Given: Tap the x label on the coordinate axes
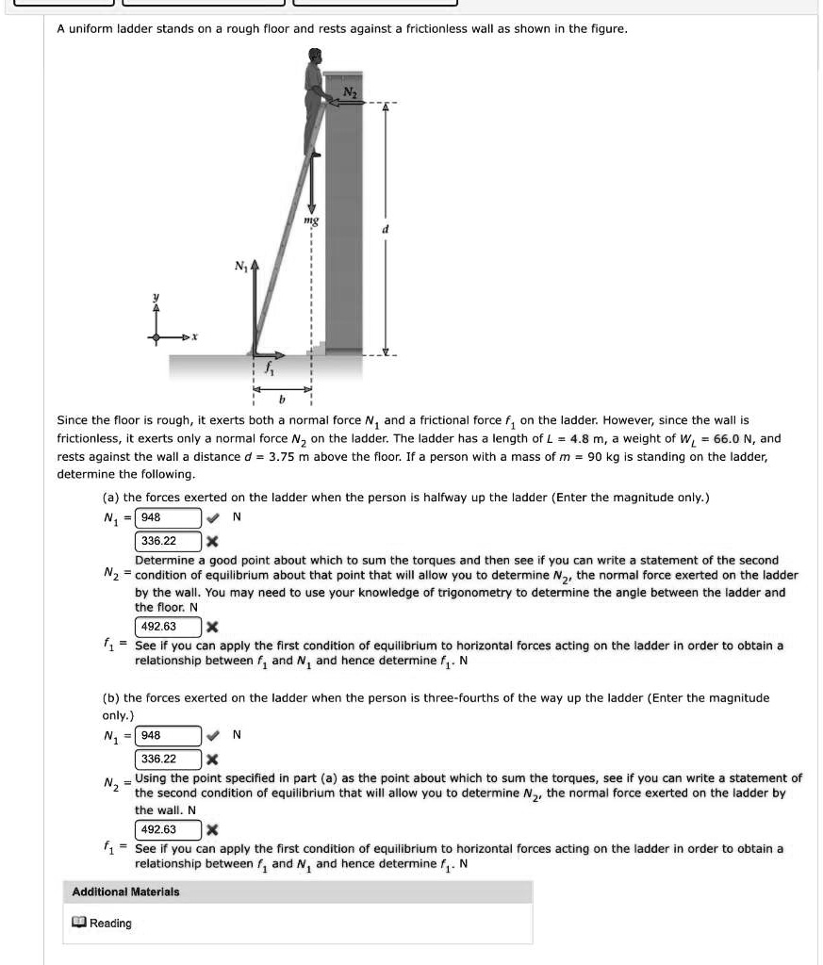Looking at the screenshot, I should pyautogui.click(x=192, y=336).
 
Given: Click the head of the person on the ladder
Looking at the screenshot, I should pyautogui.click(x=314, y=60).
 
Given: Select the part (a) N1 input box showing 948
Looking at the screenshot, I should pyautogui.click(x=169, y=517).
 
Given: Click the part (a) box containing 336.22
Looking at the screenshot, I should pyautogui.click(x=169, y=541).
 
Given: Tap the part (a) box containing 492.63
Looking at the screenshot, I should pyautogui.click(x=169, y=627).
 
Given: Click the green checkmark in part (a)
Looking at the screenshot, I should pyautogui.click(x=213, y=517).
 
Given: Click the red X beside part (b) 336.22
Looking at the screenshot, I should pyautogui.click(x=213, y=759).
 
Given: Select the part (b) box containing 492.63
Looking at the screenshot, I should pyautogui.click(x=169, y=829).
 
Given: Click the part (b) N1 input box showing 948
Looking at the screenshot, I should pyautogui.click(x=169, y=734).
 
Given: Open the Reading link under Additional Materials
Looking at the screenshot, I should pyautogui.click(x=110, y=923).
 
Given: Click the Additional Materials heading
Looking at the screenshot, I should pyautogui.click(x=125, y=891).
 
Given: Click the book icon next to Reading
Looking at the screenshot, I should pyautogui.click(x=79, y=923).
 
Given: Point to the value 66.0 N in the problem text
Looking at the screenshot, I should pyautogui.click(x=737, y=439).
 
